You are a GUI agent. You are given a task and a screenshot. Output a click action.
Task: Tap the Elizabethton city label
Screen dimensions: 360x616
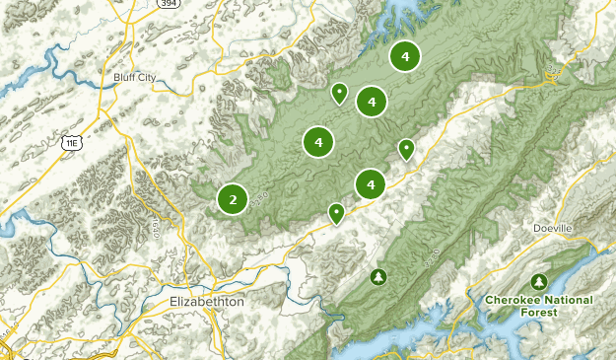point(206,302)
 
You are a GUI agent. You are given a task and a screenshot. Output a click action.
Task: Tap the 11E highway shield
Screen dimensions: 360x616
point(70,143)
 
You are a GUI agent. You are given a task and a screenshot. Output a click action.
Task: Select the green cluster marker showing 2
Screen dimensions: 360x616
point(233,199)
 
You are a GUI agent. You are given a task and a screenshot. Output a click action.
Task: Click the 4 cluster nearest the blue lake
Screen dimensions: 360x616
point(404,56)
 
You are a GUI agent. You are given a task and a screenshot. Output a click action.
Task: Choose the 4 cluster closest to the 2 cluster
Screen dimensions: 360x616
point(318,142)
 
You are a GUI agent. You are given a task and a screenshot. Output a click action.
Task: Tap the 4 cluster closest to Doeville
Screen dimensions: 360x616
point(370,183)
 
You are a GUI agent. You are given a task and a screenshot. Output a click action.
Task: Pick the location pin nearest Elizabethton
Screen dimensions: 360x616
point(337,212)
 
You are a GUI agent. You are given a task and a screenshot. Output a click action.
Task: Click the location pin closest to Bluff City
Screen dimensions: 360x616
point(339,93)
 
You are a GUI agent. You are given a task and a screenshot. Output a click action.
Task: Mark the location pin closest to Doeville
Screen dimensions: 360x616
point(406,148)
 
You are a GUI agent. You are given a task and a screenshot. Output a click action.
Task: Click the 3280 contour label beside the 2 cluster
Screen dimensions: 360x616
point(258,201)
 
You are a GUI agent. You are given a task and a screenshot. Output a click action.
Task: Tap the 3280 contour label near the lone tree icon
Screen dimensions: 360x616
point(432,259)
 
